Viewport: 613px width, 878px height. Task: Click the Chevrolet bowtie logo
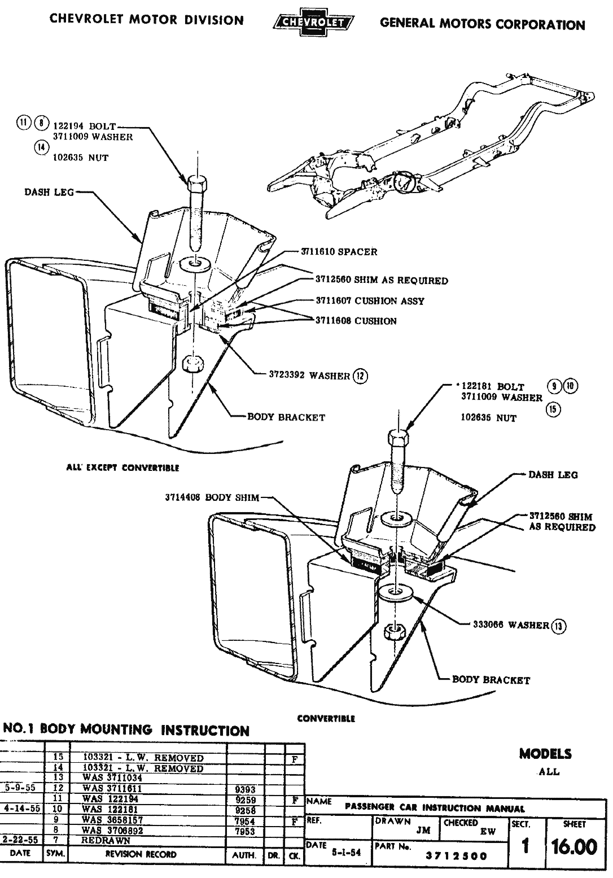[x=312, y=22]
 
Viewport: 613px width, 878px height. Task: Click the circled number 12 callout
[x=360, y=375]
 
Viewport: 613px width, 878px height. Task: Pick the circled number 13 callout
[x=559, y=625]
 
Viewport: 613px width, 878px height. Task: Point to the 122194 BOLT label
[x=84, y=126]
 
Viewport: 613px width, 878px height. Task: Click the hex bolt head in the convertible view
[x=398, y=437]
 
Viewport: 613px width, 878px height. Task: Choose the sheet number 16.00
[x=574, y=847]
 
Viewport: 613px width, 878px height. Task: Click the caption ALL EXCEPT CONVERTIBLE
[x=122, y=468]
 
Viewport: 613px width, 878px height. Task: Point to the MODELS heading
[x=545, y=753]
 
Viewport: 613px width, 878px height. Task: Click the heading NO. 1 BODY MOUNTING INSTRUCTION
[x=126, y=730]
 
